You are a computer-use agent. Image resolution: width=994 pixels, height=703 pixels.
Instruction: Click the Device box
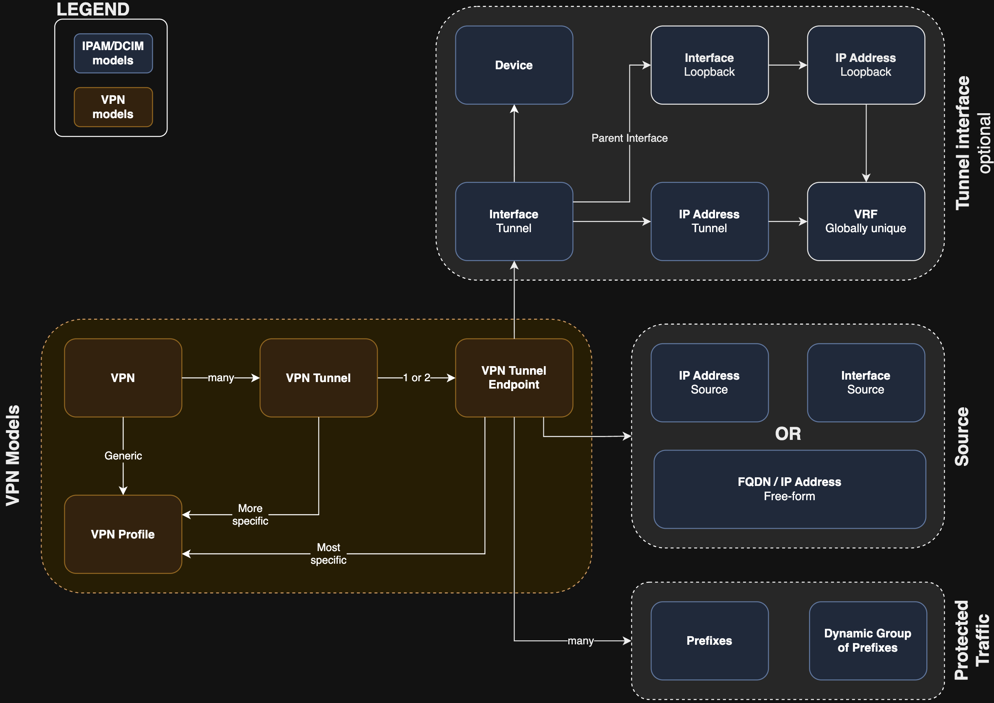[514, 65]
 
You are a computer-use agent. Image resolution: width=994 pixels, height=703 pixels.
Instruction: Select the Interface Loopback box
[709, 65]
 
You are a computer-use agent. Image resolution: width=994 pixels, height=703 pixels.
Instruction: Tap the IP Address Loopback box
[866, 65]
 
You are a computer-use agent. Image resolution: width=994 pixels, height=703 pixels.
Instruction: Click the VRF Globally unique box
[866, 221]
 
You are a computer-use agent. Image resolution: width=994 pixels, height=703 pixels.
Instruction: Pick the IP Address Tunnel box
[709, 221]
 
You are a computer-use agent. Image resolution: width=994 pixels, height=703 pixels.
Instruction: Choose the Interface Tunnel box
[514, 221]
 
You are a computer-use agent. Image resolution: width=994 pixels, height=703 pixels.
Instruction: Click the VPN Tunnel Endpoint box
[514, 378]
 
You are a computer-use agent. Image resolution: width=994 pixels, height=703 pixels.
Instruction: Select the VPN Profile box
[123, 534]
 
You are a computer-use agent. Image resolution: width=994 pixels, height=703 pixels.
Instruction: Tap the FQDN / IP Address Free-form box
[789, 489]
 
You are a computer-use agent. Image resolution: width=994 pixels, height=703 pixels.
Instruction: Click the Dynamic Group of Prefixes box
[868, 641]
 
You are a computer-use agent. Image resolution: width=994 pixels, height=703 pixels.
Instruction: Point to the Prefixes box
[709, 641]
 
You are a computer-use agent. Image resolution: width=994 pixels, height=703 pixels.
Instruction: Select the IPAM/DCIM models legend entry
[113, 53]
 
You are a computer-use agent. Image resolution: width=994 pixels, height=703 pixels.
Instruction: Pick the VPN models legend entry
[113, 107]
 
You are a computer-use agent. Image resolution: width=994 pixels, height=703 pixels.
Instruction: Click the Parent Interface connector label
[629, 138]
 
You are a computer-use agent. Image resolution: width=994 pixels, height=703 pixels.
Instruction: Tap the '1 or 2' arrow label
[416, 378]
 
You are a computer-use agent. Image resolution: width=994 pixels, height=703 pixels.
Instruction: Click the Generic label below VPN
[123, 455]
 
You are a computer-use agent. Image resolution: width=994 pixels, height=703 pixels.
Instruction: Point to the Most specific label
[328, 554]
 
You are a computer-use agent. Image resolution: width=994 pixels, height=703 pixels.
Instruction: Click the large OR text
[788, 434]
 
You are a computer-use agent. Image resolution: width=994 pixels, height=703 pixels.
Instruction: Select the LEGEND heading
[92, 9]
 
